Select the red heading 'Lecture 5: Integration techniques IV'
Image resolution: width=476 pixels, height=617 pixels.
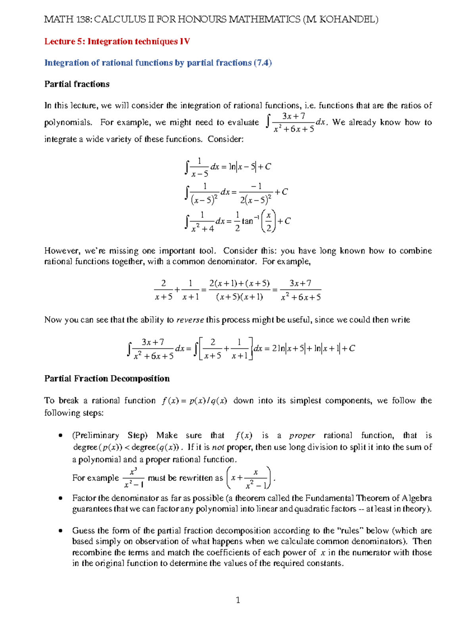[x=117, y=41]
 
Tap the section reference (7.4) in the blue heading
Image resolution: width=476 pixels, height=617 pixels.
[x=263, y=63]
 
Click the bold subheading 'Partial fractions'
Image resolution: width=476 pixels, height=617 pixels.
[x=77, y=84]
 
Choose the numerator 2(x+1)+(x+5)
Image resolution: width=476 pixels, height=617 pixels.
[x=239, y=284]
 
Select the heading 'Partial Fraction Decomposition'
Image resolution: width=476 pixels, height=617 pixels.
[x=107, y=379]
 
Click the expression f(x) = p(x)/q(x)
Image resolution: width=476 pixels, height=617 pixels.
[x=194, y=401]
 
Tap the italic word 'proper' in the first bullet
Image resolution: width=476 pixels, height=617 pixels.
[x=302, y=435]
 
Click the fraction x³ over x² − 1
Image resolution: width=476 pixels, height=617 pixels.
[x=133, y=478]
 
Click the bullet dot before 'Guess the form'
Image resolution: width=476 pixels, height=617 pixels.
[x=60, y=531]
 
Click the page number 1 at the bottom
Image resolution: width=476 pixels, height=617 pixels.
[x=238, y=600]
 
